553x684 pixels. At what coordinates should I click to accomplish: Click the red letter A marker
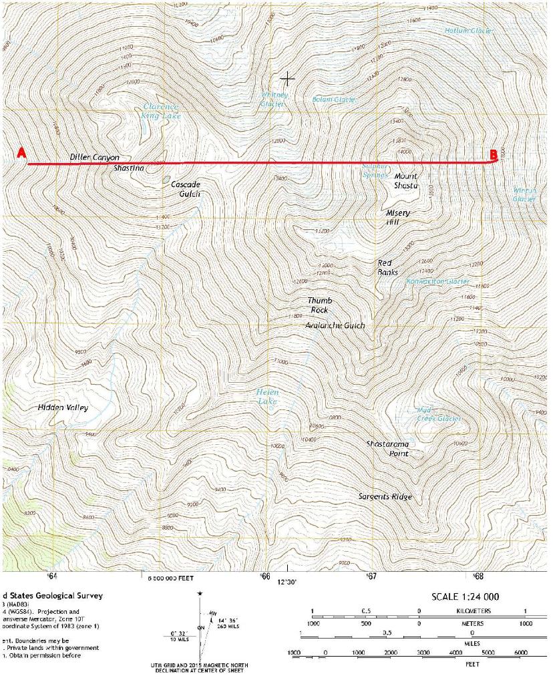pos(21,153)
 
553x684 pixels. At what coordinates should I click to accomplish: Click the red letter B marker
pos(493,154)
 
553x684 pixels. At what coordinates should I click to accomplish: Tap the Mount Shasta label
pos(405,181)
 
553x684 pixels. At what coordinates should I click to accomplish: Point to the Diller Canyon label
pos(94,157)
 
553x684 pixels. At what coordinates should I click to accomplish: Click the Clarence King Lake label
pos(160,111)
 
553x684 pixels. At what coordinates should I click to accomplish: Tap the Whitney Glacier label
pos(273,100)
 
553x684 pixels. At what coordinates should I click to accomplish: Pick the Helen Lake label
pos(268,397)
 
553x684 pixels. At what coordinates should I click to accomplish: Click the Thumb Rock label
pos(319,305)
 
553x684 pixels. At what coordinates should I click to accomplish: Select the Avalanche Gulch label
pos(335,325)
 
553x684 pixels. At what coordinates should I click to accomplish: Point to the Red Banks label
pos(387,267)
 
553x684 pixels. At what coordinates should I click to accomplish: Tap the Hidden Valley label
pos(63,407)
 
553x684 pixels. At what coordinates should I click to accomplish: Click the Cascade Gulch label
pos(186,188)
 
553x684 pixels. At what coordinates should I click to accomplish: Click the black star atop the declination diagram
pos(200,593)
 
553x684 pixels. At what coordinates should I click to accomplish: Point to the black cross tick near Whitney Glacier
pos(287,79)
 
